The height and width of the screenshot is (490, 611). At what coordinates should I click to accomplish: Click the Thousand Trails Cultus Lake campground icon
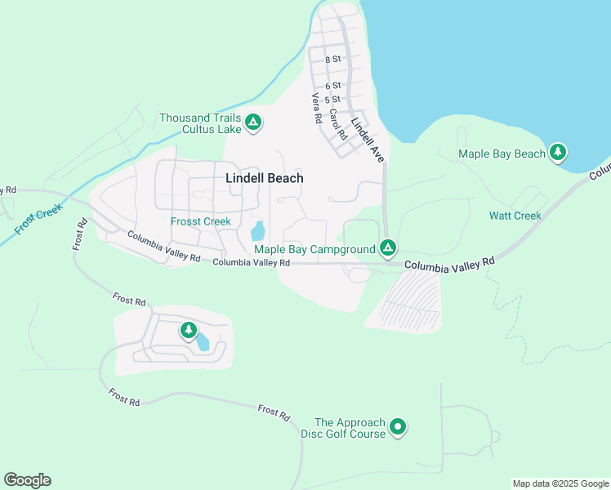pyautogui.click(x=253, y=123)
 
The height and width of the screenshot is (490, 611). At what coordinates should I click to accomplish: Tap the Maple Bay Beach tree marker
pyautogui.click(x=558, y=152)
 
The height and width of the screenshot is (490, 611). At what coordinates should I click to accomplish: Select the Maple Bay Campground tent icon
pyautogui.click(x=388, y=247)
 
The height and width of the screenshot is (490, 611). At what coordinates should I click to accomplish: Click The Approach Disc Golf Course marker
pyautogui.click(x=398, y=426)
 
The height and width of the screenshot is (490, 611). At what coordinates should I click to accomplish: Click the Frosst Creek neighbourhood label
pyautogui.click(x=201, y=221)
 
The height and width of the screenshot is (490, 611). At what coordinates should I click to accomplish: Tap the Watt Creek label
pyautogui.click(x=515, y=216)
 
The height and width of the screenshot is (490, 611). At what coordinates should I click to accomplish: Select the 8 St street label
pyautogui.click(x=332, y=60)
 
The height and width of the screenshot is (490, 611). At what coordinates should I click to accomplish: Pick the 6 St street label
pyautogui.click(x=332, y=86)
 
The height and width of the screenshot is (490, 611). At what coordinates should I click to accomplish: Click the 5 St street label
pyautogui.click(x=332, y=99)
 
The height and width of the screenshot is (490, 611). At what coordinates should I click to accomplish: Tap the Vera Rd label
pyautogui.click(x=316, y=109)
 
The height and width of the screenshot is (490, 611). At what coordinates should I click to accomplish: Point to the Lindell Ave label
pyautogui.click(x=368, y=140)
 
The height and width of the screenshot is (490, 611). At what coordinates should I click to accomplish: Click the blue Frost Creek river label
pyautogui.click(x=38, y=220)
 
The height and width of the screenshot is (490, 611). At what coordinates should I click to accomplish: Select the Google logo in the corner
pyautogui.click(x=27, y=480)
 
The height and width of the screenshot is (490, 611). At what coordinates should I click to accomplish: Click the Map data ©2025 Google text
pyautogui.click(x=560, y=483)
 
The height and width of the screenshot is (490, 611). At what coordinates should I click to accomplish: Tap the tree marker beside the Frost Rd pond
pyautogui.click(x=189, y=330)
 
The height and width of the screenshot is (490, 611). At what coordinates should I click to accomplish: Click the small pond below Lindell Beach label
pyautogui.click(x=258, y=231)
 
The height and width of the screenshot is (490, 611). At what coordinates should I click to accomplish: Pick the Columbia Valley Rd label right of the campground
pyautogui.click(x=449, y=265)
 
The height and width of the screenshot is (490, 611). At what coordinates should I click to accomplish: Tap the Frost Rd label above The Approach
pyautogui.click(x=274, y=412)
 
